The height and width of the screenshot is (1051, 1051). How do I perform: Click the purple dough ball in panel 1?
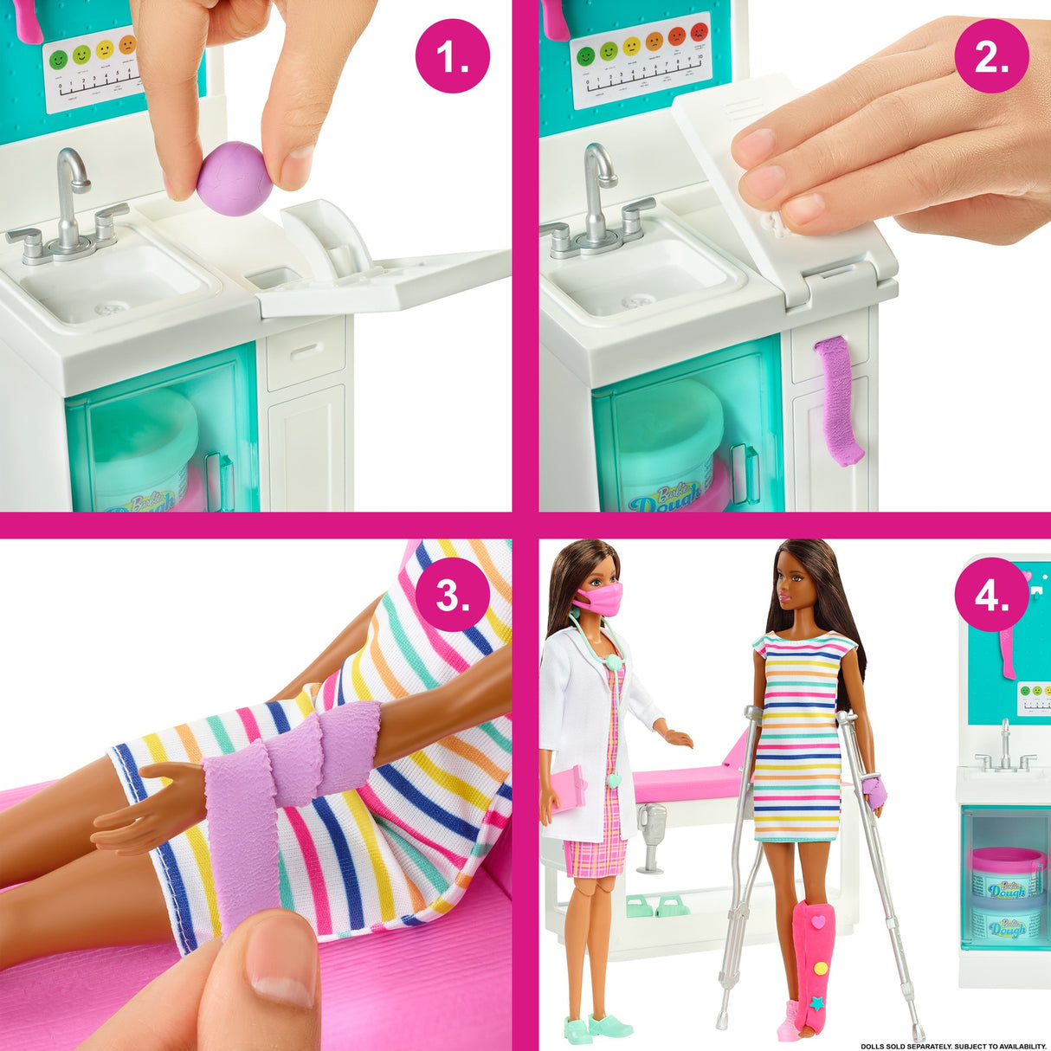[x=234, y=179]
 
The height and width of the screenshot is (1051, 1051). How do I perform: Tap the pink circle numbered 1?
[x=452, y=56]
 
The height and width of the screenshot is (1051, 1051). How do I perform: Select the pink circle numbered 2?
[x=991, y=56]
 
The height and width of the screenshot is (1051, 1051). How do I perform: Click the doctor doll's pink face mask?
[x=599, y=599]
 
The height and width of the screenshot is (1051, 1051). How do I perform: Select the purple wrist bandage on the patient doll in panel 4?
[x=875, y=790]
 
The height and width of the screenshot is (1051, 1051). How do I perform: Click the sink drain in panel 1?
[x=110, y=308]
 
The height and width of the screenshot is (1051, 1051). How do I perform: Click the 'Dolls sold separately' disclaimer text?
[x=952, y=1046]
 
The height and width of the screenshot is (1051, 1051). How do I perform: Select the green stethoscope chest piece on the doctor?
[x=614, y=661]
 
